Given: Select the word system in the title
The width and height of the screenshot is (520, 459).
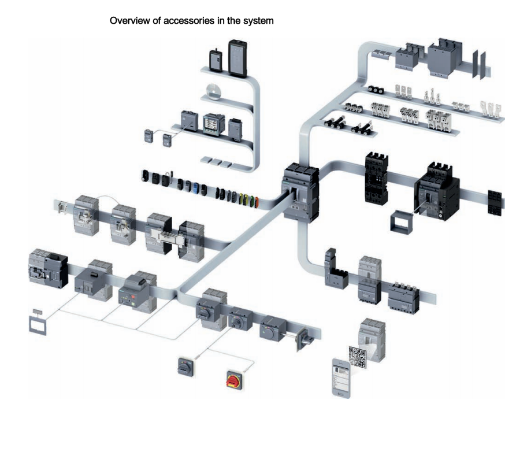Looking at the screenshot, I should click(258, 21).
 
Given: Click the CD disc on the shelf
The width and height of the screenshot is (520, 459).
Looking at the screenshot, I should click(213, 90).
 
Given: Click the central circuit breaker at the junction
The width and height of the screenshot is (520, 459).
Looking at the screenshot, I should click(299, 191).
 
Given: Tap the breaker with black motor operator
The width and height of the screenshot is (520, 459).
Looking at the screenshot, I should click(48, 268).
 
